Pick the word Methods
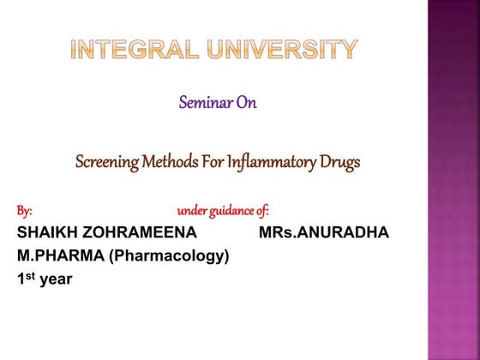175,161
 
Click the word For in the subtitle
217,161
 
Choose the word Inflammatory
275,161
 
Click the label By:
25,211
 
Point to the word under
191,211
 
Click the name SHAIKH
47,233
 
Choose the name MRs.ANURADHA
323,233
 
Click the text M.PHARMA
56,255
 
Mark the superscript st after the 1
31,274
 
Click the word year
57,279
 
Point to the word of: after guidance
262,211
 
